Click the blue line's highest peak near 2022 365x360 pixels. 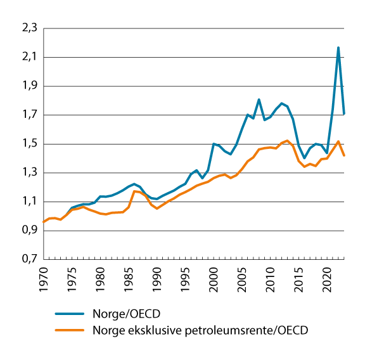pyautogui.click(x=338, y=48)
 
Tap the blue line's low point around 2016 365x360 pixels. pyautogui.click(x=304, y=158)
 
